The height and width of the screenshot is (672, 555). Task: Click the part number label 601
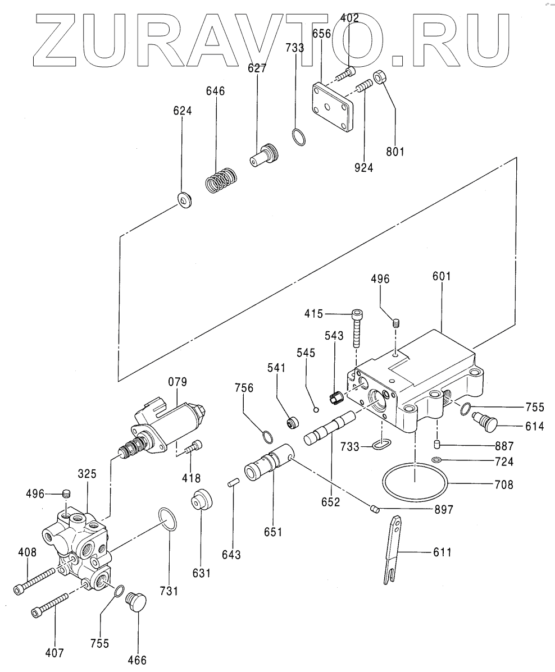[x=442, y=277]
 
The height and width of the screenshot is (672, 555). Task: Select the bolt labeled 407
[x=51, y=604]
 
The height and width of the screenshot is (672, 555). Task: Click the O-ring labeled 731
[x=168, y=519]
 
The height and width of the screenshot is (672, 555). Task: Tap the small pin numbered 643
[x=235, y=482]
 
